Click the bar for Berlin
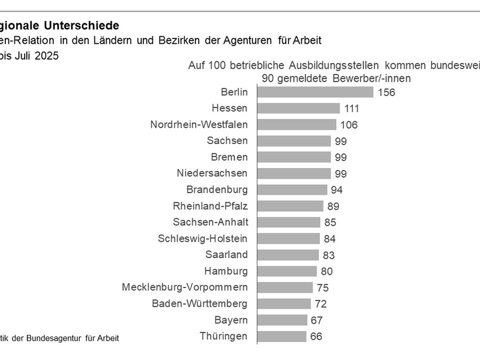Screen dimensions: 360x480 coord(315,92)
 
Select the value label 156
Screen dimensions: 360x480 coord(386,92)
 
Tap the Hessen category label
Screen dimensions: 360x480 coord(230,108)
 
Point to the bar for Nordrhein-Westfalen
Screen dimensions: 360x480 coord(296,124)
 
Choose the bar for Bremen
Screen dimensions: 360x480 coord(294,157)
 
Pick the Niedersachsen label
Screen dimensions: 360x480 coord(212,173)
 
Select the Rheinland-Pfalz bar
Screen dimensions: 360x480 coord(290,206)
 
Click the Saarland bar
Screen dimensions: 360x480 coord(287,254)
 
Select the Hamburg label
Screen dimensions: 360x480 coord(226,271)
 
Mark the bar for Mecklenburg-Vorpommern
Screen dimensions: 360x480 coord(285,287)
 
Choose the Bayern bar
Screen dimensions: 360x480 coord(282,320)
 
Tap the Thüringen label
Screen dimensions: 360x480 coord(223,336)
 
